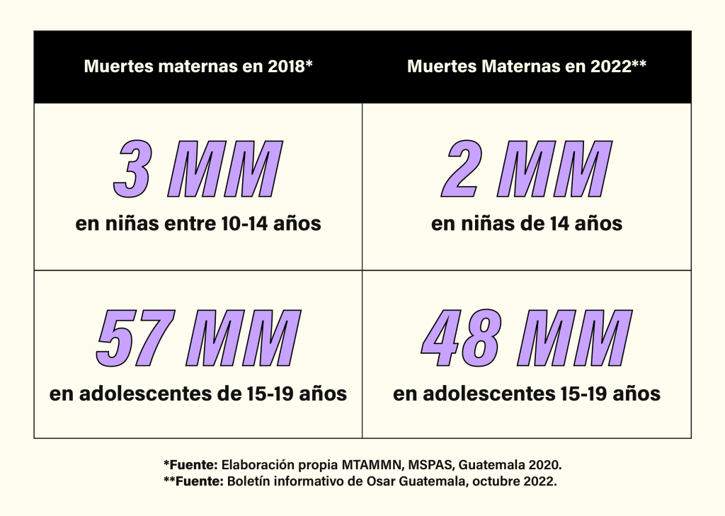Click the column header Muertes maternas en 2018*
tap(198, 67)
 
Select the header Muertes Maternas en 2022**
tap(527, 67)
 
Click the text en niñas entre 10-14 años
tap(198, 224)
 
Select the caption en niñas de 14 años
tap(527, 224)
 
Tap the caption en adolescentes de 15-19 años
tap(198, 394)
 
